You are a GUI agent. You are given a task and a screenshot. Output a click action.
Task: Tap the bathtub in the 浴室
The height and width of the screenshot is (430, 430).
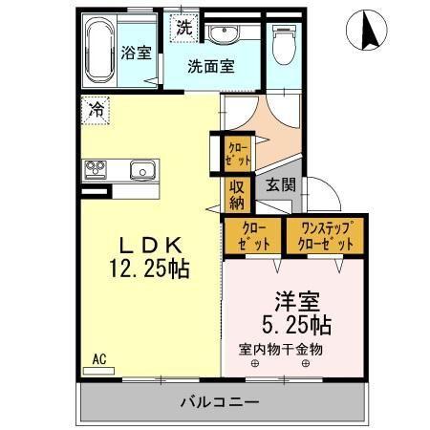click(x=97, y=53)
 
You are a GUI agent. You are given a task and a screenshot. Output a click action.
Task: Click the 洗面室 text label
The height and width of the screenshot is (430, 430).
click(x=211, y=67)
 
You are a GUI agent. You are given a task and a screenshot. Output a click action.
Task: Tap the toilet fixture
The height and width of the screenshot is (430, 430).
click(x=284, y=44)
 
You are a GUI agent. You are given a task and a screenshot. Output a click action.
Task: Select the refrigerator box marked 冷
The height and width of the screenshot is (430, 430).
click(x=97, y=110)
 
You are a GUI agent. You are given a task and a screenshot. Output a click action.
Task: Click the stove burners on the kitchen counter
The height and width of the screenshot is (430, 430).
click(x=97, y=171)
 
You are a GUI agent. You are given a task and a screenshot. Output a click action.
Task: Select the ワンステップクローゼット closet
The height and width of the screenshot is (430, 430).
click(x=326, y=236)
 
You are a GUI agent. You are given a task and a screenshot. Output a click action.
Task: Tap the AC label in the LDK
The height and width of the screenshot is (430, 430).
click(x=97, y=360)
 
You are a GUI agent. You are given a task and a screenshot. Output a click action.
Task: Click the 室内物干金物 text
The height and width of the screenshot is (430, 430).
click(x=281, y=350)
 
